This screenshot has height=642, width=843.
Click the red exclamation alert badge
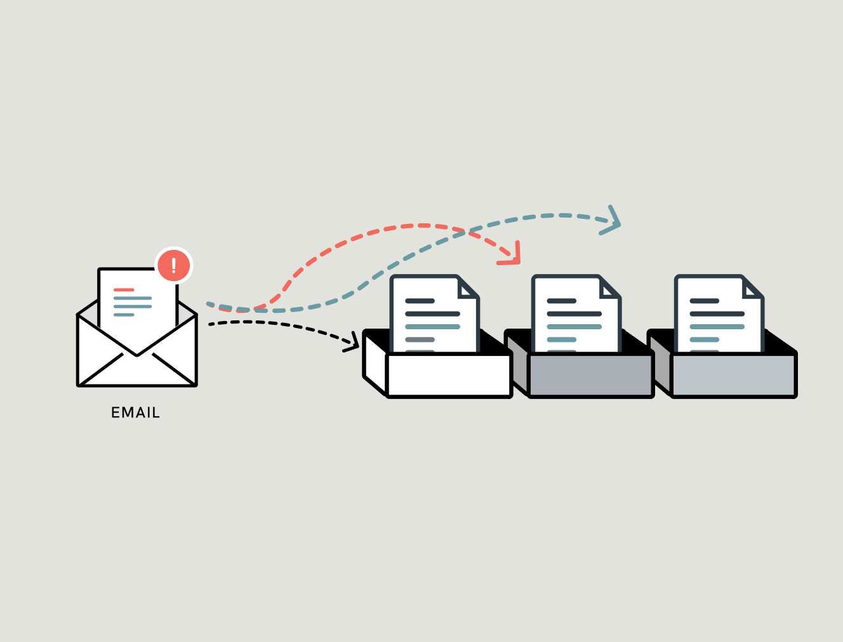click(173, 265)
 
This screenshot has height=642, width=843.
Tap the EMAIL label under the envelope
click(135, 413)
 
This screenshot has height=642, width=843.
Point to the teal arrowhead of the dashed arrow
click(613, 221)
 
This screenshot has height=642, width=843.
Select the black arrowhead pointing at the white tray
click(353, 343)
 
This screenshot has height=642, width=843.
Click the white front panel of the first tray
click(449, 375)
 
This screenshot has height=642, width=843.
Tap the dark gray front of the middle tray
click(591, 375)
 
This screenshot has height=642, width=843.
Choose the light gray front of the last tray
click(733, 375)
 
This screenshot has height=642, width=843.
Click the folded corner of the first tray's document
click(468, 289)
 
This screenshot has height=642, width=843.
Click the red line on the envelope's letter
click(124, 290)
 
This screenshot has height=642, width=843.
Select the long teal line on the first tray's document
click(432, 327)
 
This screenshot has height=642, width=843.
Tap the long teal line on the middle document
click(574, 327)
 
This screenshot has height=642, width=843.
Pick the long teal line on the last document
click(717, 327)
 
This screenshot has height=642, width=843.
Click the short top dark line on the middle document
click(561, 301)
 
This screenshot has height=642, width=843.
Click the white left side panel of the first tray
click(375, 364)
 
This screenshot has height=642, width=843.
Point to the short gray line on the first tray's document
click(420, 339)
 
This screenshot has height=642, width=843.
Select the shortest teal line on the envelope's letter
click(124, 315)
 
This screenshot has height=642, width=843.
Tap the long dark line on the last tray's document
click(717, 314)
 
